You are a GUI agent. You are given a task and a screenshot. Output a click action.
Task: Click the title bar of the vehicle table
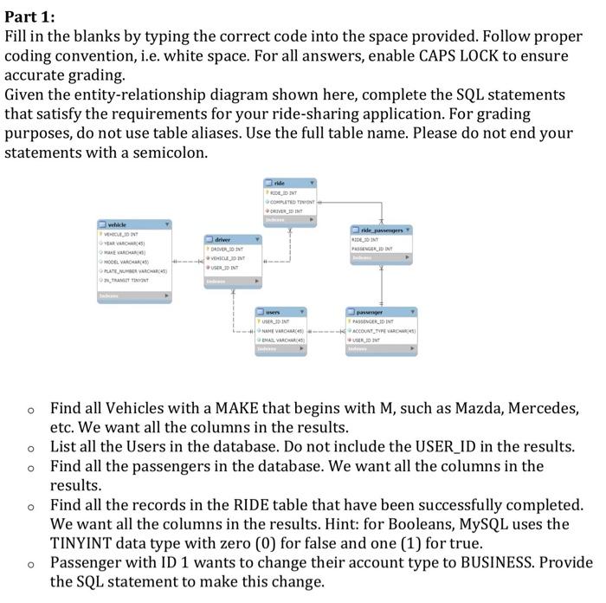click(133, 224)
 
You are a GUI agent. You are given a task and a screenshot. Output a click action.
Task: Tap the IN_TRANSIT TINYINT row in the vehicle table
click(130, 280)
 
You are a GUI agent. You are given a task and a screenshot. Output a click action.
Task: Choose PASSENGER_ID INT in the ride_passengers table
click(377, 249)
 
